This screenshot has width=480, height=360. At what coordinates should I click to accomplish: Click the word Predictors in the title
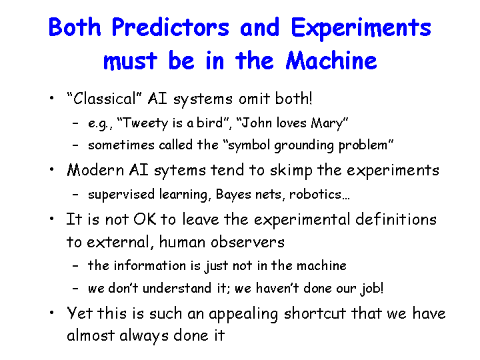[x=170, y=27]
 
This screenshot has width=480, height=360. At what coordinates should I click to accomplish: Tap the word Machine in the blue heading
[x=331, y=60]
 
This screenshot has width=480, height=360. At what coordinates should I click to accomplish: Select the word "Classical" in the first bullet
[x=104, y=99]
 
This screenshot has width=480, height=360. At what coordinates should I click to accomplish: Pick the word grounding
[x=304, y=145]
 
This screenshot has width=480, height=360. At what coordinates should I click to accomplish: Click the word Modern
[x=95, y=170]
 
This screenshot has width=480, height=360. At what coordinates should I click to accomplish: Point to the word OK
[x=145, y=219]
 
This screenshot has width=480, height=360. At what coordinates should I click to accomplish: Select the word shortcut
[x=315, y=313]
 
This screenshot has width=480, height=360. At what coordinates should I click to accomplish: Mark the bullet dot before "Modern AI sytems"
[x=51, y=169]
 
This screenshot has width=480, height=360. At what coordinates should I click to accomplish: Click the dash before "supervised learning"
[x=75, y=195]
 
